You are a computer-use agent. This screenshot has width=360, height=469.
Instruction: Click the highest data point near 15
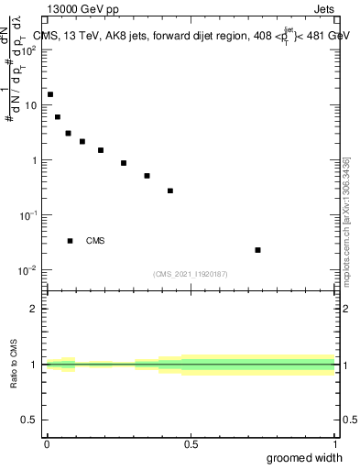[x=50, y=94]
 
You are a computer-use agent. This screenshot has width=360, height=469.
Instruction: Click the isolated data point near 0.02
[x=258, y=250]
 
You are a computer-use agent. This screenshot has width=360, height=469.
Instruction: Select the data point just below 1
[x=124, y=163]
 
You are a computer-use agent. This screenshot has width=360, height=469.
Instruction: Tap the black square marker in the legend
[x=70, y=241]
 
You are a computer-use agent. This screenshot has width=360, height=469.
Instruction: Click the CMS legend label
[x=95, y=241]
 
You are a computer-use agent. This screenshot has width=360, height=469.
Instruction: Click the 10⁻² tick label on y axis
[x=28, y=270]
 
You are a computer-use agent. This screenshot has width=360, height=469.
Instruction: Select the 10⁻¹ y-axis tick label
[x=28, y=215]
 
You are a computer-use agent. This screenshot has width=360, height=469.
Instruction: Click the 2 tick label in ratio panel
[x=34, y=309]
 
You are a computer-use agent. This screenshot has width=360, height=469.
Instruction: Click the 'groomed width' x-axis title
[x=304, y=458]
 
